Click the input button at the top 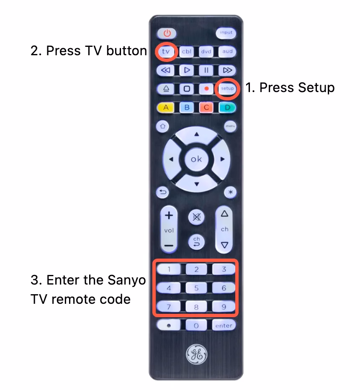(x=226, y=33)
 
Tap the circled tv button (x=166, y=51)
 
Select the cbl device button (x=187, y=52)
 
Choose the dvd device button (x=206, y=52)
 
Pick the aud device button (x=227, y=52)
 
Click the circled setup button (x=227, y=88)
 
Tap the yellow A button (x=166, y=108)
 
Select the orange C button (x=206, y=108)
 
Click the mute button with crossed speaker (x=196, y=216)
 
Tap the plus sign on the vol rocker (x=169, y=216)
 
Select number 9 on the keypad (x=224, y=307)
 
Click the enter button (x=224, y=325)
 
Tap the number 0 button (x=196, y=325)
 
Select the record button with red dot (x=206, y=89)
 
